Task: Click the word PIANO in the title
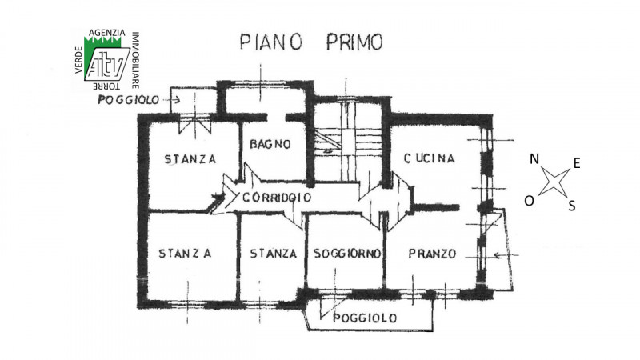point(270,42)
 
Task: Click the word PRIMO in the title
point(354,42)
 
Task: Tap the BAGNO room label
point(270,144)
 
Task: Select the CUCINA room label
point(429,158)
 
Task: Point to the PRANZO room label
point(432,254)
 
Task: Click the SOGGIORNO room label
point(347,254)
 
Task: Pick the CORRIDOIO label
point(277,198)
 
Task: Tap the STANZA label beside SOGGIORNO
point(273,254)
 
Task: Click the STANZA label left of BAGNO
point(190,158)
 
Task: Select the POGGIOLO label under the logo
point(128,100)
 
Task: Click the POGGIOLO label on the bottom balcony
point(365,318)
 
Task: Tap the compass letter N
point(534,158)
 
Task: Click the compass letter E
point(576,164)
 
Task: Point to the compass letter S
point(572,206)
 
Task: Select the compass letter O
point(530,201)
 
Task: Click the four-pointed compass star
point(554,182)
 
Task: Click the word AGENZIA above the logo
point(107,33)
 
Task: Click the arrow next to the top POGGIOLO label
point(171,99)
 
